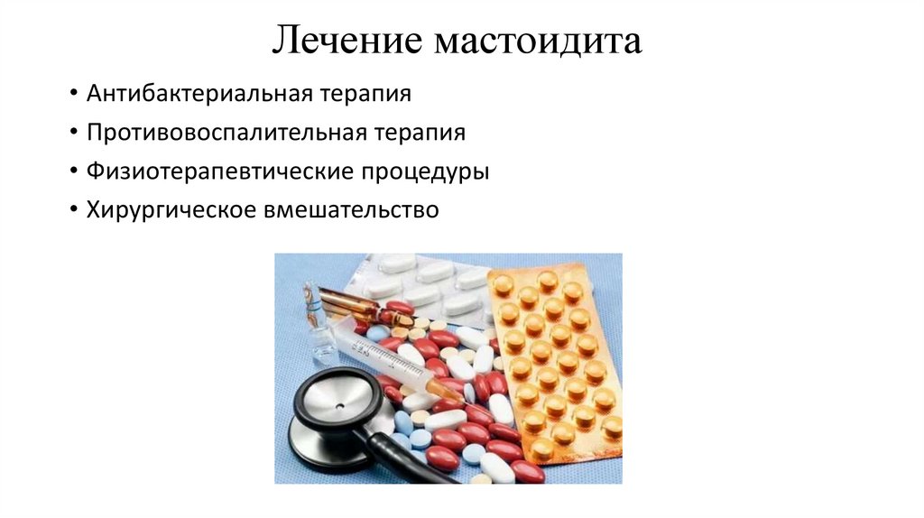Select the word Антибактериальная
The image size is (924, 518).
[x=199, y=94]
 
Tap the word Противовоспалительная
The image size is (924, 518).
[x=226, y=133]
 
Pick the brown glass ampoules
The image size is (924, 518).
[x=356, y=308]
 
